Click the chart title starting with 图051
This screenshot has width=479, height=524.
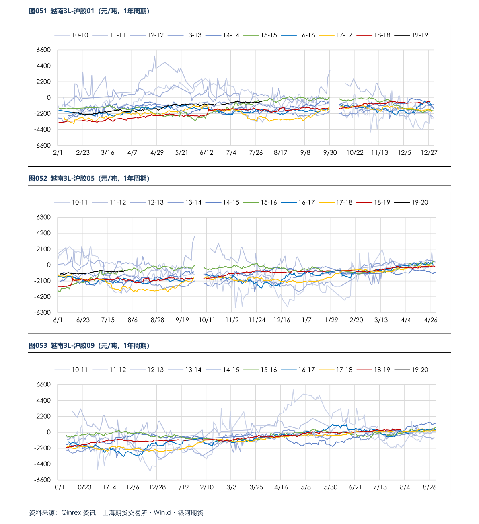[x=89, y=11]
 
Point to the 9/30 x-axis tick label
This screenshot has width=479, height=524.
[x=330, y=153]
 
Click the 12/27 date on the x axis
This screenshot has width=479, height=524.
[x=429, y=153]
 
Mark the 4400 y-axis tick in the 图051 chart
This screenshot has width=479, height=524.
[x=43, y=66]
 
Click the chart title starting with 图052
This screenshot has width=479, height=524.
[x=89, y=179]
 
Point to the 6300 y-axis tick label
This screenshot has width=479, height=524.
[x=43, y=217]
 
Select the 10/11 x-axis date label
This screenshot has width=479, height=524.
[x=207, y=320]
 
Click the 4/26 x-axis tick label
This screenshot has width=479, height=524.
[x=431, y=320]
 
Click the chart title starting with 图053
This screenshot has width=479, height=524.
[x=89, y=346]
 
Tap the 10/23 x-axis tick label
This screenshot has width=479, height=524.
[x=83, y=487]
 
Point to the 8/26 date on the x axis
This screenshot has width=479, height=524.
[x=430, y=487]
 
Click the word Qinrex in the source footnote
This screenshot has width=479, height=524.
[x=71, y=513]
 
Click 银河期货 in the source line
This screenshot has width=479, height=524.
[x=191, y=513]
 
